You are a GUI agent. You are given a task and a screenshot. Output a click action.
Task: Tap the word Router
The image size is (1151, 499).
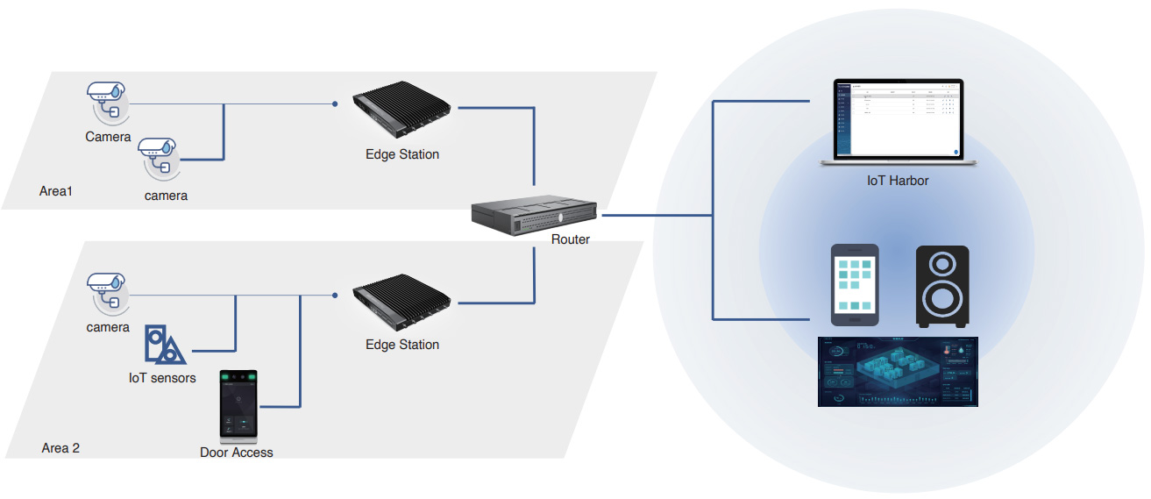(x=571, y=239)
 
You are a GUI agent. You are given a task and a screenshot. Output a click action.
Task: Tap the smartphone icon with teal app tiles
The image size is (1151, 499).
(x=855, y=286)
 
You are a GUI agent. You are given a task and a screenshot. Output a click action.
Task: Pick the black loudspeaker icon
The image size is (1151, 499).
(x=941, y=287)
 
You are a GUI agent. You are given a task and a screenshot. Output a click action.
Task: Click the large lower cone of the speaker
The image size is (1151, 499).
(x=941, y=299)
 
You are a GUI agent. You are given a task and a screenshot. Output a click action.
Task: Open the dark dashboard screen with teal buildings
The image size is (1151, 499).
(x=898, y=372)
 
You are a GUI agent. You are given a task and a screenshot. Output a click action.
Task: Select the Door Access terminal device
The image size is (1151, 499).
(x=238, y=404)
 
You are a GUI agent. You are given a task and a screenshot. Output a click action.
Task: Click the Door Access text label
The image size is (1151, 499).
(x=237, y=453)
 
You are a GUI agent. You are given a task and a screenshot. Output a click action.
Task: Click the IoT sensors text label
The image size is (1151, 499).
(x=162, y=378)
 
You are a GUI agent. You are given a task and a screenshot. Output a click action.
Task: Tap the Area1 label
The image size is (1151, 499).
(x=56, y=190)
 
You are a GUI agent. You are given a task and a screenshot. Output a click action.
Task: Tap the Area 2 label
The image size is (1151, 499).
(x=60, y=448)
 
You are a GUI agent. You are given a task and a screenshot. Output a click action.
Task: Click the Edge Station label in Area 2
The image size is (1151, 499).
(x=402, y=345)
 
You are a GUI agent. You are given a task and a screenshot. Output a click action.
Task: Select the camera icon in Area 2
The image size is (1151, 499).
(x=107, y=291)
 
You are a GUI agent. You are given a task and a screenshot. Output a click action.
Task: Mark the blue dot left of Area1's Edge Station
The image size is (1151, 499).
(x=335, y=103)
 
